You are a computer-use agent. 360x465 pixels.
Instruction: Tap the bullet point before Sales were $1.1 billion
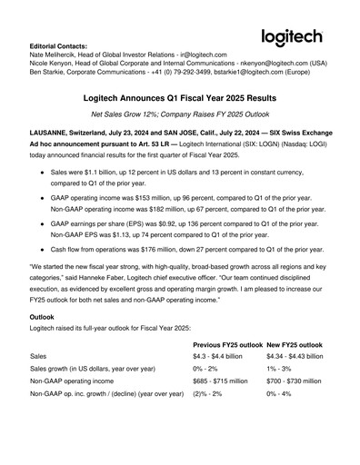(x=42, y=171)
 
